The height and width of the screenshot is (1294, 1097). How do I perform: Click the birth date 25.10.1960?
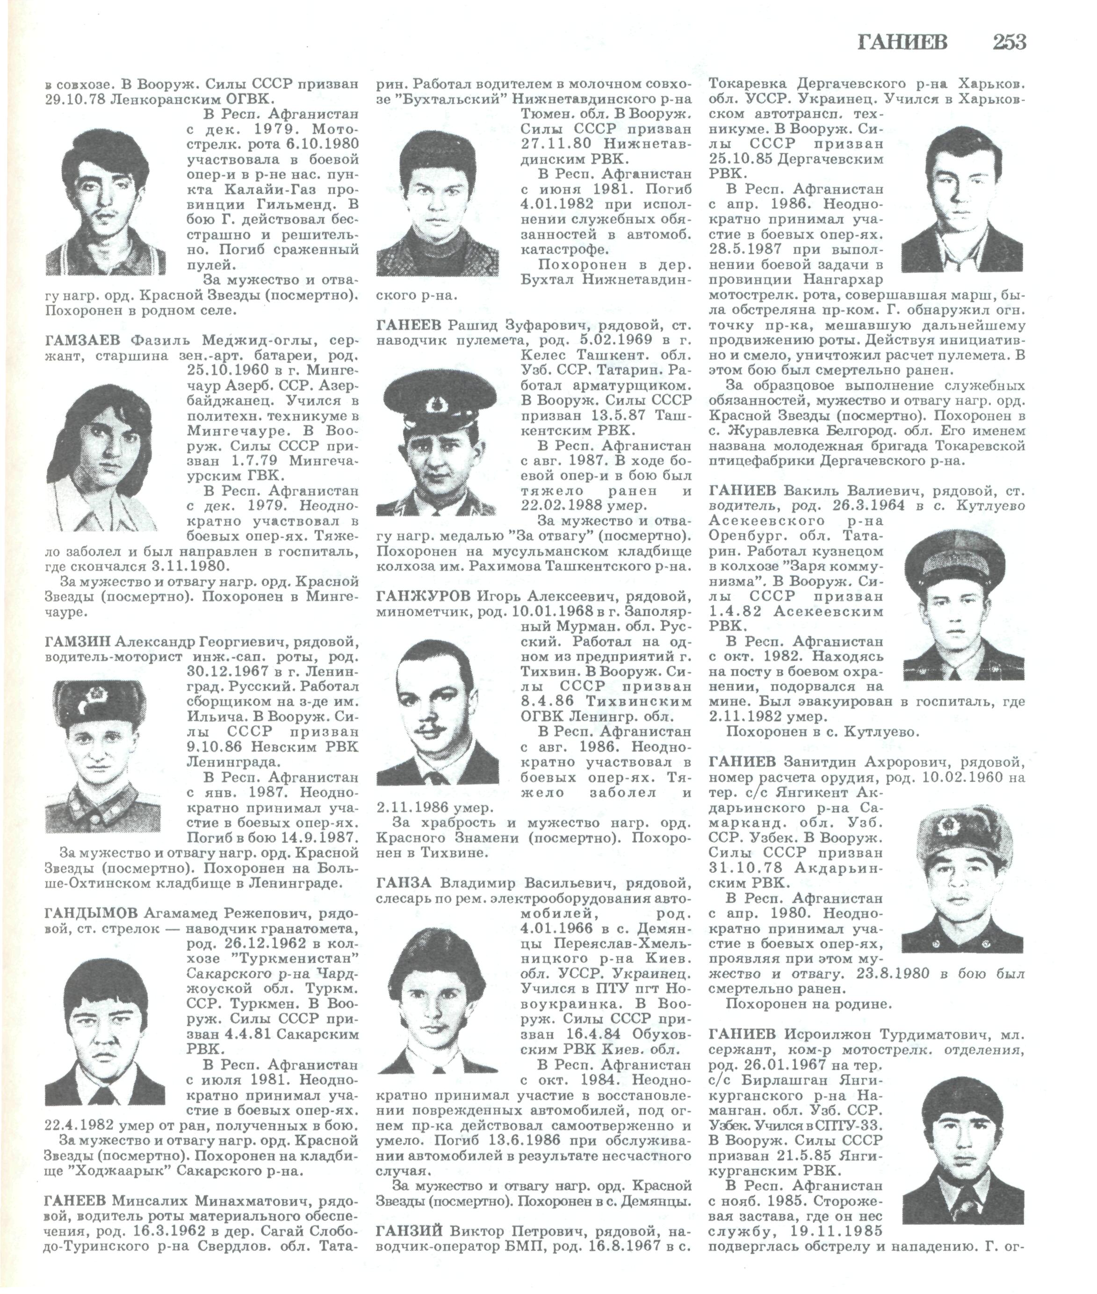click(224, 370)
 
